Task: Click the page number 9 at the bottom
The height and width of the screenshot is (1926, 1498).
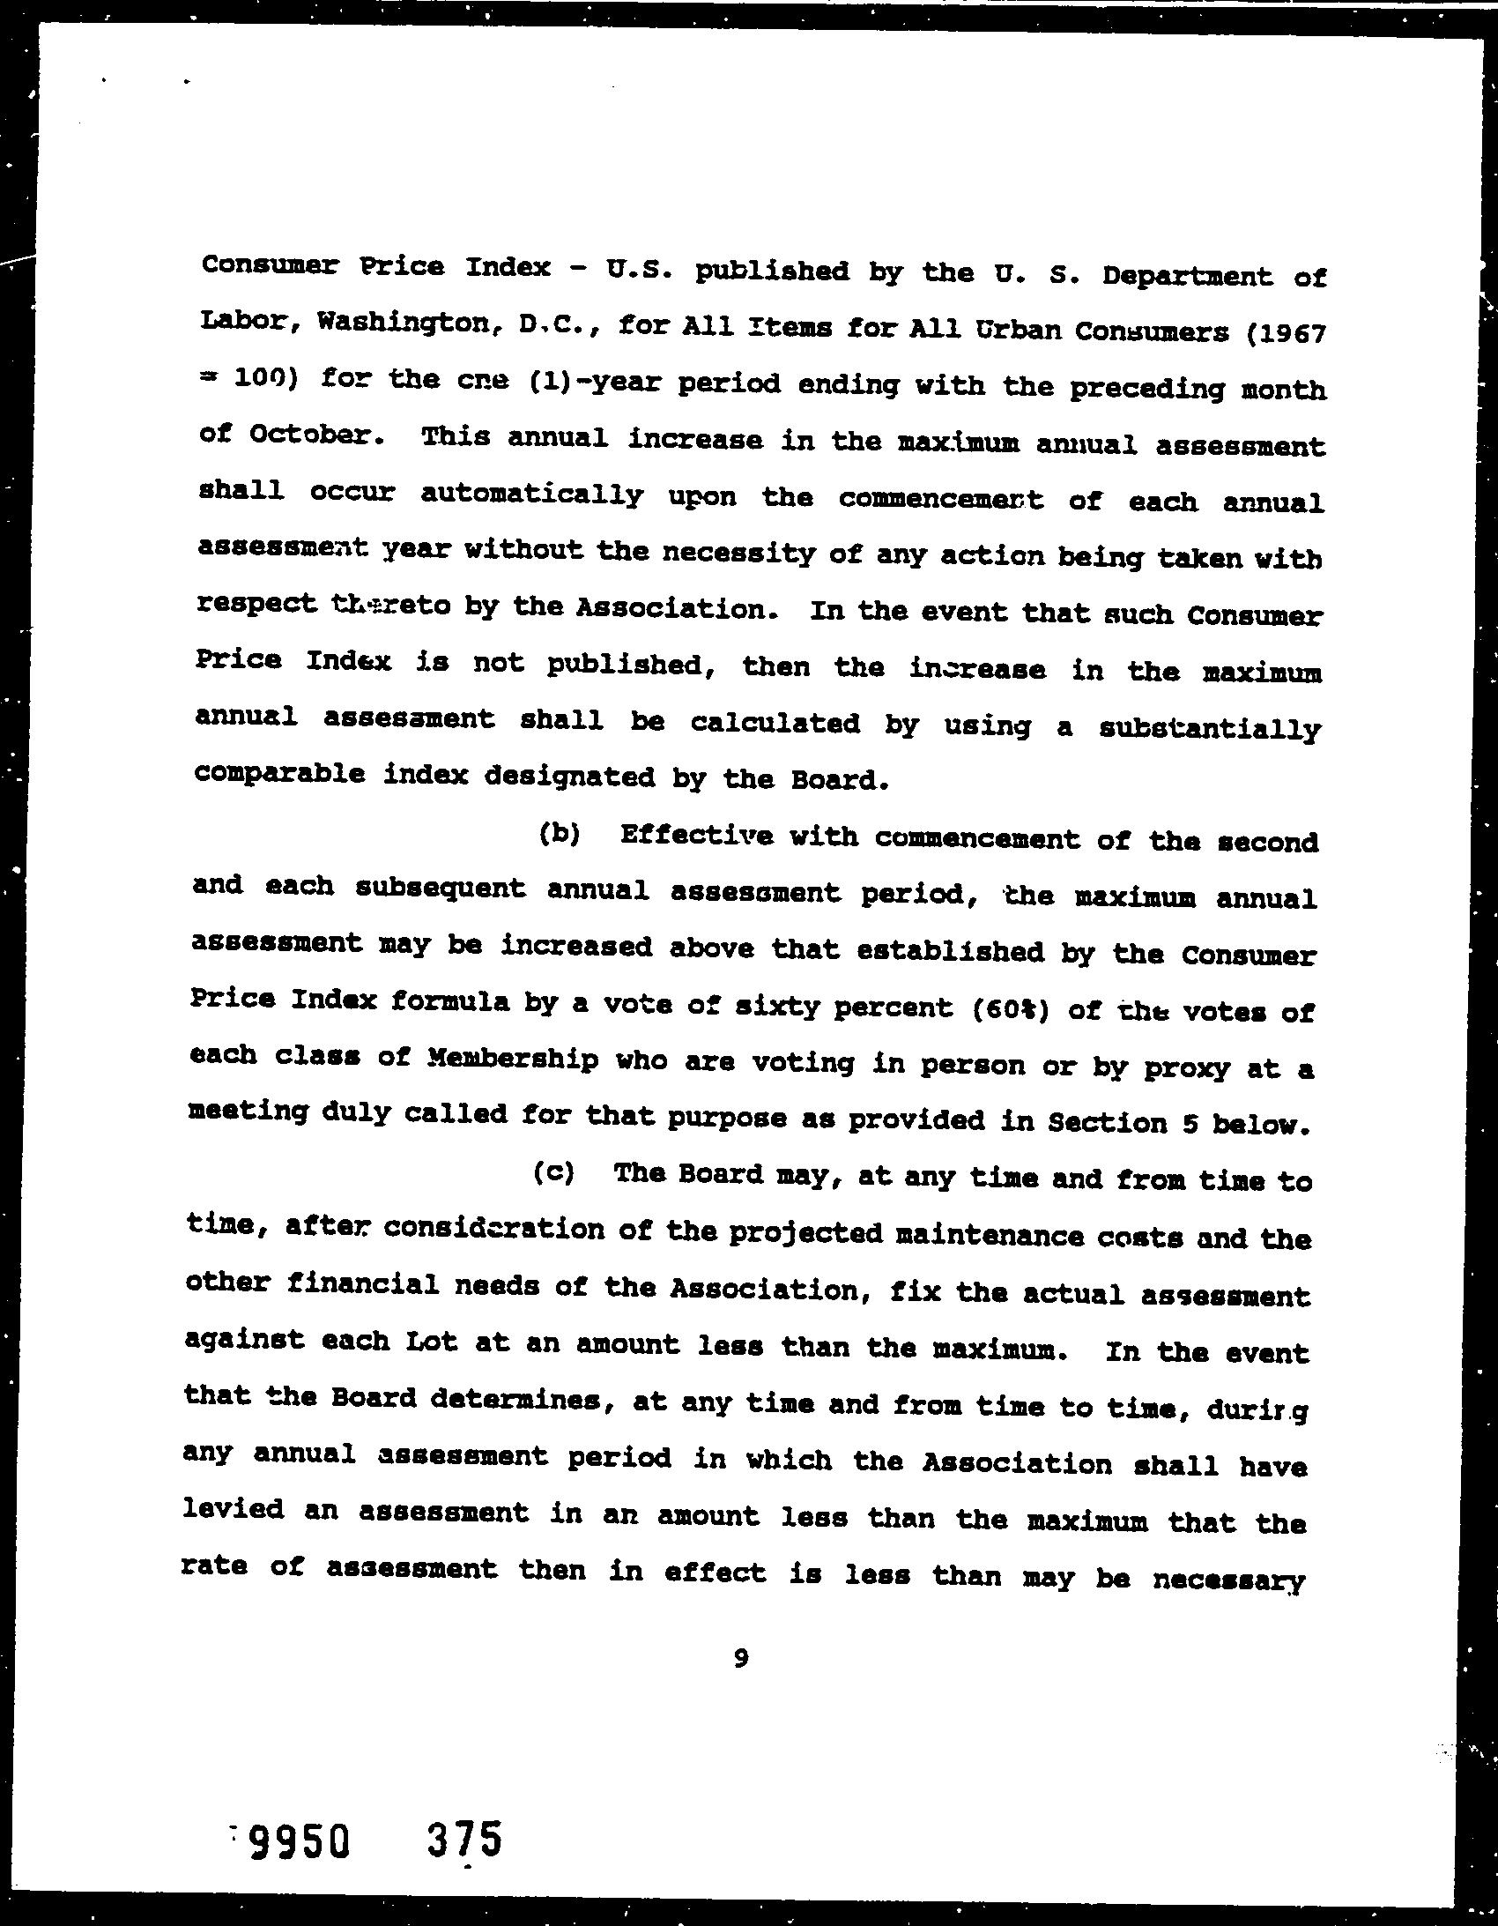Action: point(740,1659)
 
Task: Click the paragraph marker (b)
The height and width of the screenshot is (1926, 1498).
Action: point(559,833)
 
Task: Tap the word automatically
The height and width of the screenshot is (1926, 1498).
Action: point(531,495)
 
